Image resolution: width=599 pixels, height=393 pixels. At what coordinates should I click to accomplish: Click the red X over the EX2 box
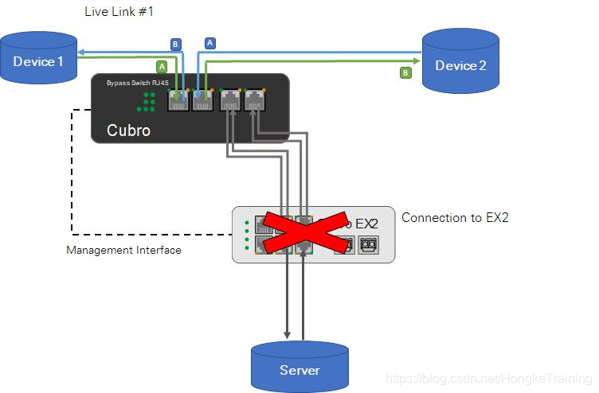click(304, 235)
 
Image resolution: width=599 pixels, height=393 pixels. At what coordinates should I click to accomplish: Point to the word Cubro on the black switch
click(128, 130)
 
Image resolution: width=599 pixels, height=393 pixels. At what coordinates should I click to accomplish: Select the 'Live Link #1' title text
click(119, 12)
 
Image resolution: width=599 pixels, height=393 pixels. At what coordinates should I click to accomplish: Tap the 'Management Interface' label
click(123, 250)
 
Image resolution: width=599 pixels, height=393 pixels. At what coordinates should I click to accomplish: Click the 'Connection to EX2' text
click(454, 217)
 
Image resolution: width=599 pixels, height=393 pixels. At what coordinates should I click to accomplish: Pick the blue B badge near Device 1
click(175, 43)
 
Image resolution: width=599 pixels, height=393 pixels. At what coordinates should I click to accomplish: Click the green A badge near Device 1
click(161, 66)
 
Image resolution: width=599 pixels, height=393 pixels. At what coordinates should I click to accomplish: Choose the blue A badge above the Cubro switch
click(210, 43)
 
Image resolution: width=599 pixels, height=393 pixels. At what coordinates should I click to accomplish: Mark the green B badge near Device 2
click(405, 72)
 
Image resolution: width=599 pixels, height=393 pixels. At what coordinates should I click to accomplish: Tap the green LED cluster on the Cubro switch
click(147, 101)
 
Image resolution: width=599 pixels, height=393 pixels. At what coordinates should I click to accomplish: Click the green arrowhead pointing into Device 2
click(417, 59)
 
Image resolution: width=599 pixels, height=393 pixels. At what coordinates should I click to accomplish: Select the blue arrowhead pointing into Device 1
click(80, 49)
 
